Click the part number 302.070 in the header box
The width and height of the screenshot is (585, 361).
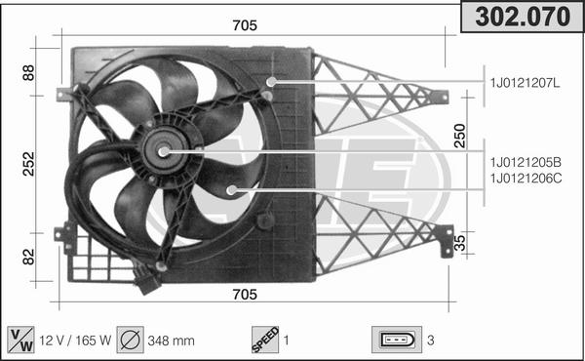click(523, 17)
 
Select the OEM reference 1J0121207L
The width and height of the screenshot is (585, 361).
click(525, 83)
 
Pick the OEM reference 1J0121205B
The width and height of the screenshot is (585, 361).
click(526, 162)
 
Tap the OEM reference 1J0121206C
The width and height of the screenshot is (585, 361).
click(526, 179)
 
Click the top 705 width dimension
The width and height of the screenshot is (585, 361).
click(245, 25)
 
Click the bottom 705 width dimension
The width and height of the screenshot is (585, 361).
click(245, 295)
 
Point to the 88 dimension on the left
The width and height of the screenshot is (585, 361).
click(28, 72)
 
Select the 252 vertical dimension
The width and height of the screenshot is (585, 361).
click(28, 164)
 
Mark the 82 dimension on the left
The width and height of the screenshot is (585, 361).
click(28, 257)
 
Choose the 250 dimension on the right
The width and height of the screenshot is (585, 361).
click(460, 136)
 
